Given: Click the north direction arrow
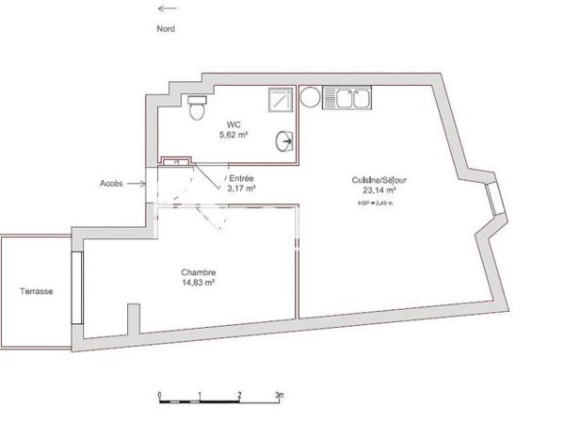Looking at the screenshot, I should tap(165, 9).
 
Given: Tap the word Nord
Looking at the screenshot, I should tap(165, 28).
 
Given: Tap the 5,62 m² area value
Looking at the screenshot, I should tap(233, 136).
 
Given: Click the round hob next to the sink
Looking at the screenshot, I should tap(311, 95).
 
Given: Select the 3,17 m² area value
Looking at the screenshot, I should tap(242, 188).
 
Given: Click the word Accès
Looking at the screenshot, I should tap(111, 183).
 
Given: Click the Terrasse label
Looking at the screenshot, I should tap(36, 292).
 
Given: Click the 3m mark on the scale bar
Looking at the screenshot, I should tap(279, 394).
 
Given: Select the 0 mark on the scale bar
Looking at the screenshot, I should tap(160, 394).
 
